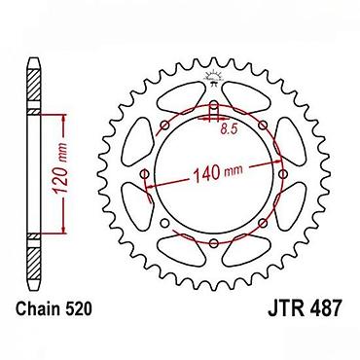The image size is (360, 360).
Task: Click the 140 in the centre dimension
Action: point(206,173)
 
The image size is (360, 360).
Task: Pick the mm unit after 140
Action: point(233,170)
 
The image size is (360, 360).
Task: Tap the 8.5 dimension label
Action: point(229,129)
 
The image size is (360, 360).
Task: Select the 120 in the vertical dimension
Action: point(60,180)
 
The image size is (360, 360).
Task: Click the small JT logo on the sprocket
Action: point(213,77)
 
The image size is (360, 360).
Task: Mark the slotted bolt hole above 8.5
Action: point(214,111)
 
